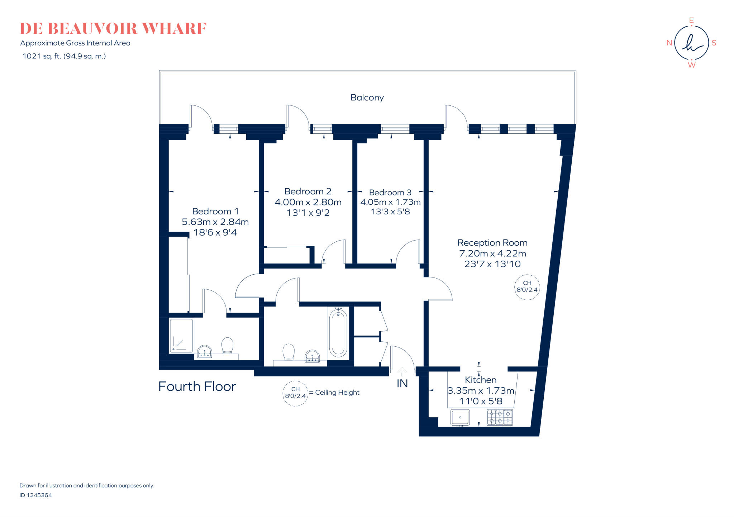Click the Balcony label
tap(367, 98)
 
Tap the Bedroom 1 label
tap(215, 211)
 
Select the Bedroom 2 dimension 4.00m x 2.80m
tap(308, 202)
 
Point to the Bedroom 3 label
tap(390, 193)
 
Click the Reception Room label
tap(492, 243)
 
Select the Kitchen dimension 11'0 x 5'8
tap(481, 401)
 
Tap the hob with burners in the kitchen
tap(500, 417)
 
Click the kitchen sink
tap(460, 417)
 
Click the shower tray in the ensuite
tap(181, 336)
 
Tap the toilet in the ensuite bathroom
tap(227, 345)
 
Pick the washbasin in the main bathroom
tap(312, 356)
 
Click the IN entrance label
tap(402, 384)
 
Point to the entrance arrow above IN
tap(402, 371)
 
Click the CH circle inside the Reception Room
tap(527, 286)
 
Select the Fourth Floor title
tap(197, 386)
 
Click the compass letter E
tap(691, 20)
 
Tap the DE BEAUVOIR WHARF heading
tap(113, 29)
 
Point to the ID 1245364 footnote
tap(35, 495)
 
